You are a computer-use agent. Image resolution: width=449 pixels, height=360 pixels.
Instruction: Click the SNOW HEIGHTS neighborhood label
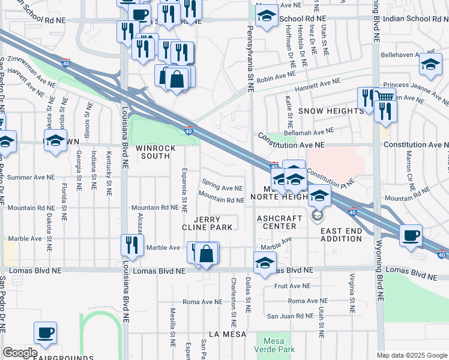click(331, 111)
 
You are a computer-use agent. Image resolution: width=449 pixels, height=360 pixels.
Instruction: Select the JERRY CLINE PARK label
click(208, 223)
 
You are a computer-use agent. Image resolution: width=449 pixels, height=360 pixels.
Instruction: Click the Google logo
click(20, 353)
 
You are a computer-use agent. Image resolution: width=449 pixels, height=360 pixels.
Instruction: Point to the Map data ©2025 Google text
click(412, 355)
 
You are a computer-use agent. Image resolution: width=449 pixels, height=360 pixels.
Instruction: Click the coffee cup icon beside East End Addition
click(411, 235)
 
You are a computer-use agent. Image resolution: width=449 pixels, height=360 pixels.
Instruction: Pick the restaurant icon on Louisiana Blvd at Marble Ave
click(131, 244)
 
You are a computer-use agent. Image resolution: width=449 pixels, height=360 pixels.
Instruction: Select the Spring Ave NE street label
click(223, 187)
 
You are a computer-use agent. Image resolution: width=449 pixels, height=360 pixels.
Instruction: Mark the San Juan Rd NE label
click(291, 316)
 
